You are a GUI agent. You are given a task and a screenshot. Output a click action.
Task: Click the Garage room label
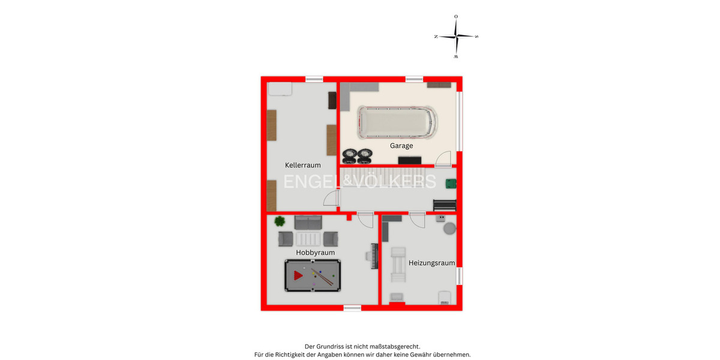(x=401, y=146)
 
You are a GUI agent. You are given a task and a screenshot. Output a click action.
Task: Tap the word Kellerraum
(x=302, y=165)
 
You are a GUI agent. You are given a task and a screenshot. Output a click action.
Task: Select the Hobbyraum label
(x=315, y=253)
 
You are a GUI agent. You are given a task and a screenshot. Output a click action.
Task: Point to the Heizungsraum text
(x=431, y=263)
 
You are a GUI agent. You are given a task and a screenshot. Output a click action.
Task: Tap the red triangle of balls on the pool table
(x=298, y=275)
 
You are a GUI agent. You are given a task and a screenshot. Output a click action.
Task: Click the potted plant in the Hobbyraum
(x=280, y=221)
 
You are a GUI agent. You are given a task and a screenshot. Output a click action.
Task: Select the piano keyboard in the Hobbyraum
(x=375, y=256)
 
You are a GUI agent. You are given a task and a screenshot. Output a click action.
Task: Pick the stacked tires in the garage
(x=357, y=155)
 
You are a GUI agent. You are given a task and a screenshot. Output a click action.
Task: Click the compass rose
(x=456, y=37)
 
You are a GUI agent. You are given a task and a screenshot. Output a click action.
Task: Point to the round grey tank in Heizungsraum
(x=449, y=229)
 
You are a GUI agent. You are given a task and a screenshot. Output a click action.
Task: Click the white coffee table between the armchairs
(x=309, y=239)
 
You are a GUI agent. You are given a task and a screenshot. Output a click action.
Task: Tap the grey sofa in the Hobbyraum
(x=308, y=222)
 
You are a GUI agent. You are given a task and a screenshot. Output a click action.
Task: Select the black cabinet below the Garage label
(x=410, y=160)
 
